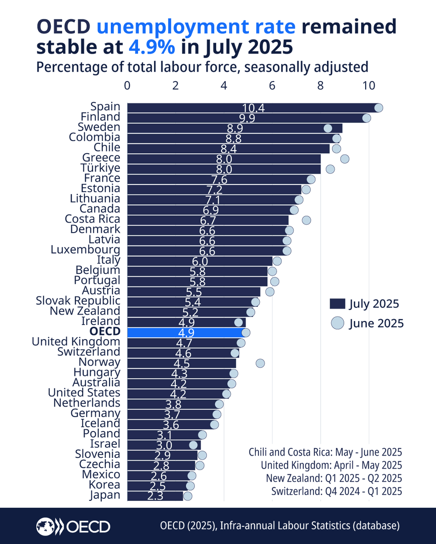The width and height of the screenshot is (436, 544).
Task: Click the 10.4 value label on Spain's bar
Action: (253, 108)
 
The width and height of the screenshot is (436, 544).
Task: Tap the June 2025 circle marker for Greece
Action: (345, 158)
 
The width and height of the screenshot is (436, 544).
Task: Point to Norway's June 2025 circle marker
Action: (260, 363)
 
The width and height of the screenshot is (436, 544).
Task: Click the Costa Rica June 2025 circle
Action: (307, 220)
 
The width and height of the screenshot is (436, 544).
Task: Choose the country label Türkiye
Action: (100, 168)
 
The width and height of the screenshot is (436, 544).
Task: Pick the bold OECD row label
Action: (105, 331)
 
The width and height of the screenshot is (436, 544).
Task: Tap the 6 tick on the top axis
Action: (272, 86)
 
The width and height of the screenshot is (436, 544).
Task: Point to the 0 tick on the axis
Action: (127, 86)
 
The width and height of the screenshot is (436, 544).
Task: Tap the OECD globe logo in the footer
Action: (46, 526)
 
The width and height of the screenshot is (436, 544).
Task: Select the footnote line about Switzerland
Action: (337, 491)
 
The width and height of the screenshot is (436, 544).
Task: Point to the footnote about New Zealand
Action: (332, 478)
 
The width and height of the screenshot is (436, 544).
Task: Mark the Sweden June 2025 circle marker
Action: (328, 128)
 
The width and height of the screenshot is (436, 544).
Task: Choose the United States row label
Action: (84, 393)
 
